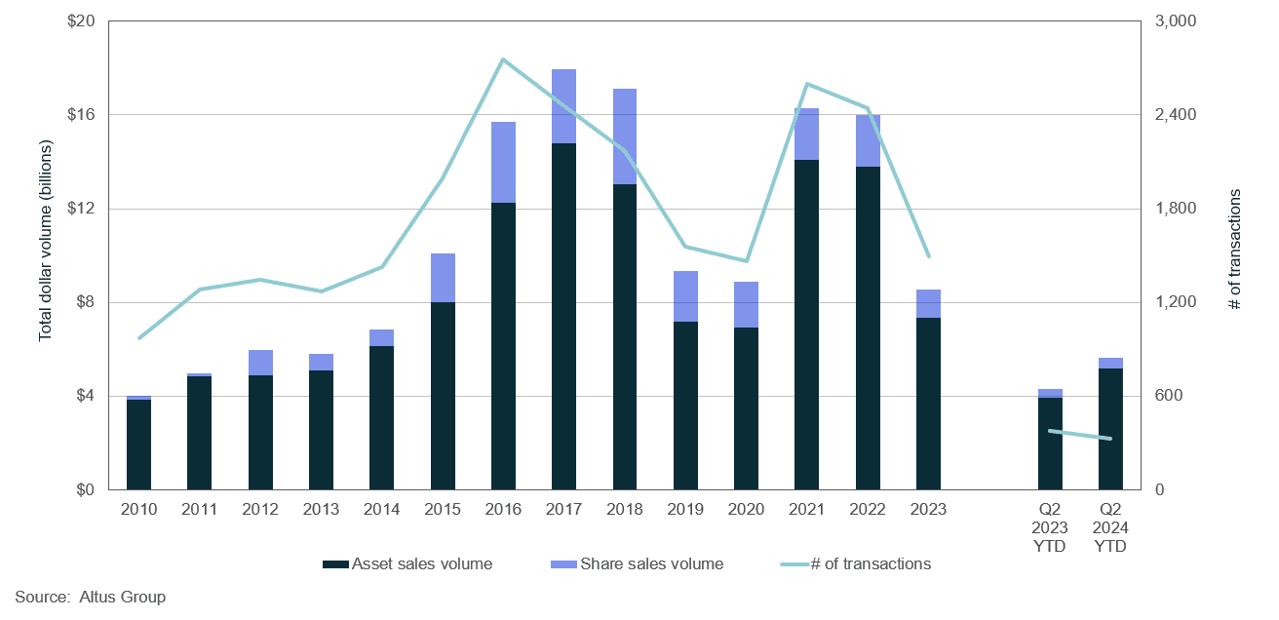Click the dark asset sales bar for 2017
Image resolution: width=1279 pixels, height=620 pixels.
coord(563,317)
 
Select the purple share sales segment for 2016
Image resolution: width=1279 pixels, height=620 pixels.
coord(503,163)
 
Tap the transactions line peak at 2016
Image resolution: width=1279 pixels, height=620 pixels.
coord(502,59)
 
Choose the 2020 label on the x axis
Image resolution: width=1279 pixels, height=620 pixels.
coord(746,509)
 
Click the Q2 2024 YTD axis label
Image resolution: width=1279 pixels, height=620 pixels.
coord(1110,527)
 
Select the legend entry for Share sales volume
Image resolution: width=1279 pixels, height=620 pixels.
coord(651,563)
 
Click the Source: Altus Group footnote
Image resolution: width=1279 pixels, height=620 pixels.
coord(90,597)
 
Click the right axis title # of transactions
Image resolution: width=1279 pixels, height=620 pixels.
coord(1235,250)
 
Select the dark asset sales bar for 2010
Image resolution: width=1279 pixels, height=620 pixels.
coord(139,445)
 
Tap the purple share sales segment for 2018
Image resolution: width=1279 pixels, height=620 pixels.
coord(625,136)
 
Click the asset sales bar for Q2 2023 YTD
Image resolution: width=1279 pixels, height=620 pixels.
coord(1050,444)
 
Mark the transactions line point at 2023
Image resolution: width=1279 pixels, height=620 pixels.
coord(928,256)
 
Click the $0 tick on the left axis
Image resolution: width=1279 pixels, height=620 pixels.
coord(84,489)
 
